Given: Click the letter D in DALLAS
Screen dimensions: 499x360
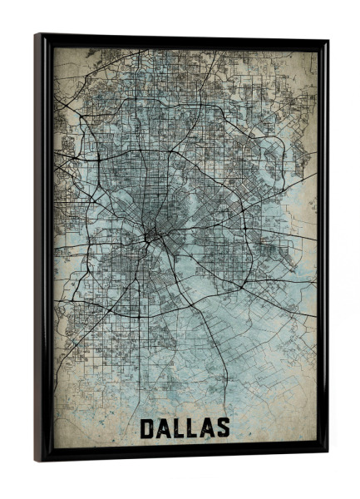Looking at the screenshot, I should pos(148,429).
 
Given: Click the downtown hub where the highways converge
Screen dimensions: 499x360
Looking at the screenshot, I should pos(149,236).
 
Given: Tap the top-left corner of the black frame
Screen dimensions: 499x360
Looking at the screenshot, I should pos(35,35).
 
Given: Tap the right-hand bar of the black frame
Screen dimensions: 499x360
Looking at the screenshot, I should pos(323,249).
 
